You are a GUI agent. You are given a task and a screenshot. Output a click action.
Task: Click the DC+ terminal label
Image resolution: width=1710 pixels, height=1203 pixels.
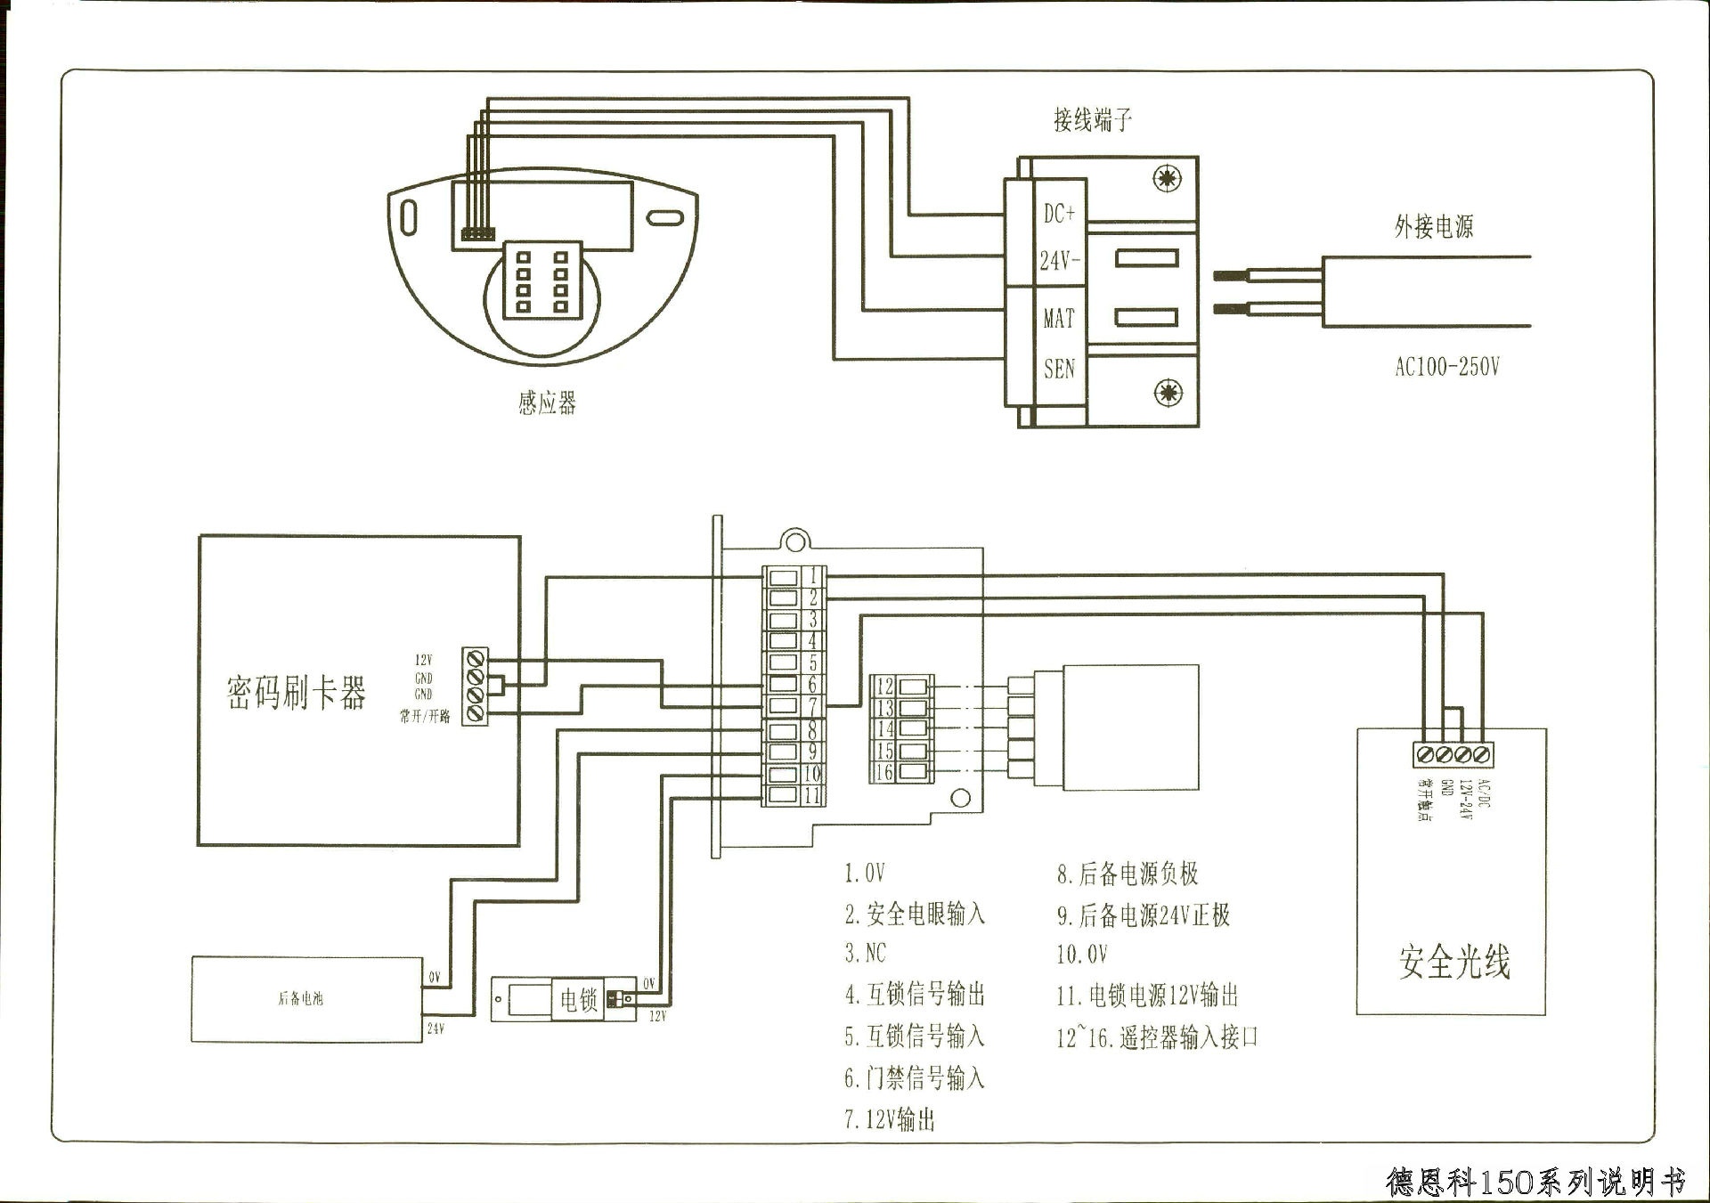[x=1059, y=214]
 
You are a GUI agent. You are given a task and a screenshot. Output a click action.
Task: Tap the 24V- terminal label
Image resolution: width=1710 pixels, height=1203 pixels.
[x=1059, y=261]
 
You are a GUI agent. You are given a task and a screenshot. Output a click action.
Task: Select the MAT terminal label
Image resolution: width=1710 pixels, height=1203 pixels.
[x=1059, y=318]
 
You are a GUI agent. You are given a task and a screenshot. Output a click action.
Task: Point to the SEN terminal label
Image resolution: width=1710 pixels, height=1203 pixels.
[x=1059, y=369]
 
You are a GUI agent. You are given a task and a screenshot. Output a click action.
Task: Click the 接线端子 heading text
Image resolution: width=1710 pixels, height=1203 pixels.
[x=1092, y=119]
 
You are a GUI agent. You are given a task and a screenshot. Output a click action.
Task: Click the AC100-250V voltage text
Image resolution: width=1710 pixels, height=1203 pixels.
[x=1446, y=367]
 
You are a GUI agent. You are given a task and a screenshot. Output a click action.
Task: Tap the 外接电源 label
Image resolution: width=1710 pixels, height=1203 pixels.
[x=1433, y=227]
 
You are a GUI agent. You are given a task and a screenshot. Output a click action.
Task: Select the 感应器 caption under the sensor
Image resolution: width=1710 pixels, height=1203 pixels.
[x=547, y=403]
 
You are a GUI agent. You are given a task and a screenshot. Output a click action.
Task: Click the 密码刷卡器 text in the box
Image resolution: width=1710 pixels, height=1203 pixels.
[x=296, y=693]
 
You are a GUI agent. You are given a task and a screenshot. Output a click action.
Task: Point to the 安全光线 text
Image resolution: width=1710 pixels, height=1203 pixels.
[x=1453, y=963]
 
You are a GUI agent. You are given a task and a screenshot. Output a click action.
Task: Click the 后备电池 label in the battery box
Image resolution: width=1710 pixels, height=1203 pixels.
[x=300, y=999]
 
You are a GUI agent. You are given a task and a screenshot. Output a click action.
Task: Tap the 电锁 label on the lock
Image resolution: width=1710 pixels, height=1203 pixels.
[x=578, y=1000]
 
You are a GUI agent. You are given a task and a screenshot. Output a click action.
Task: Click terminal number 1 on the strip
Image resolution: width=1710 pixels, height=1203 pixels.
[x=812, y=575]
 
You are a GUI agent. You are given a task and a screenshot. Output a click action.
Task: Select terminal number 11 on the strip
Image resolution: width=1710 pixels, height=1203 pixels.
[x=811, y=795]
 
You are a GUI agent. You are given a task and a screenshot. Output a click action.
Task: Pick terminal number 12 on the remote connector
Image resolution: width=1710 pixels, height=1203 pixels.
[x=884, y=686]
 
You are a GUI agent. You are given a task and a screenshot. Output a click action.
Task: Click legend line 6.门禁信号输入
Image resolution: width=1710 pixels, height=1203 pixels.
[x=914, y=1078]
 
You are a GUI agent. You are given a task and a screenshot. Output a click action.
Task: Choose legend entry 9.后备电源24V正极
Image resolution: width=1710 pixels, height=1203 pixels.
[x=1143, y=915]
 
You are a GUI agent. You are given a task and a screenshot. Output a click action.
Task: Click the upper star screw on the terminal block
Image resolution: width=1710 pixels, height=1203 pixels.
[x=1168, y=178]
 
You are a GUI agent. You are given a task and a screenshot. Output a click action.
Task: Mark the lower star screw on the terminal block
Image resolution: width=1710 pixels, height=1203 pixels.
[x=1168, y=392]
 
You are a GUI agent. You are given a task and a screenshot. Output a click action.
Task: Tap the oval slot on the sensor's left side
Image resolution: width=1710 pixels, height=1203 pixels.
[x=409, y=216]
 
